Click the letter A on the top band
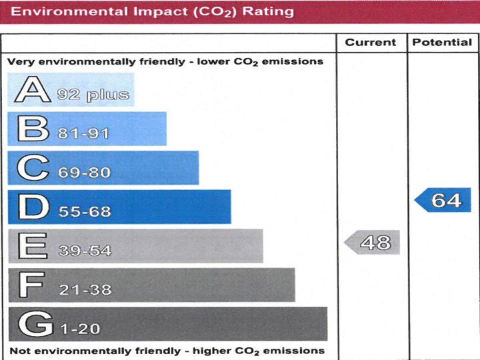[x=33, y=90]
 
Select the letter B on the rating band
[x=33, y=129]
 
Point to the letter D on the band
[x=33, y=207]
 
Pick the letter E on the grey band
[x=31, y=246]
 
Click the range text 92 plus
[x=93, y=95]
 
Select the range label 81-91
[x=83, y=133]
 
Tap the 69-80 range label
[x=84, y=173]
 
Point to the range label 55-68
[x=84, y=212]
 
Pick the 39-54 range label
[x=84, y=251]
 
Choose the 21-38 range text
[x=84, y=290]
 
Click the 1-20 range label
[x=81, y=329]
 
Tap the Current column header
[x=371, y=43]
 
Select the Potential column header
[x=442, y=43]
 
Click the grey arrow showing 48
[x=373, y=243]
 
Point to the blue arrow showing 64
[x=443, y=200]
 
